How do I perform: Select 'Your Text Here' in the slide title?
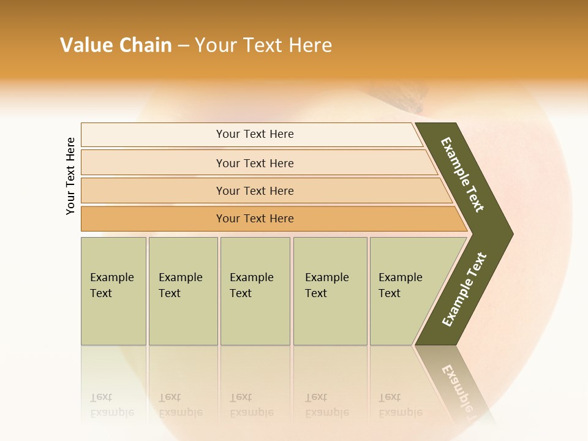(263, 45)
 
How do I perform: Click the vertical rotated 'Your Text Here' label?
(70, 176)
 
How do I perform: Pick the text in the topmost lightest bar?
(255, 134)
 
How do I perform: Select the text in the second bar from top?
(255, 164)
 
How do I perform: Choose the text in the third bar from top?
(255, 191)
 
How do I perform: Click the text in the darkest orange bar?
(255, 219)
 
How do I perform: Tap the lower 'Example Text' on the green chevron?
(464, 290)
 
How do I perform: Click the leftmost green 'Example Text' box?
(113, 291)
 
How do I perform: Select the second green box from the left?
(183, 291)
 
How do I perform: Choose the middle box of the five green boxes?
(255, 291)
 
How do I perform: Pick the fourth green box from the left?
(330, 291)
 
